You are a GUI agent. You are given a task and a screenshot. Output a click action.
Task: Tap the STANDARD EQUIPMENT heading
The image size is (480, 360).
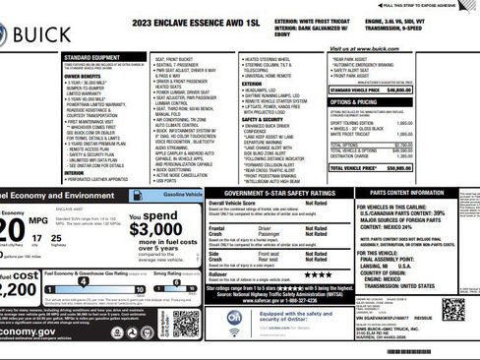pos(94,57)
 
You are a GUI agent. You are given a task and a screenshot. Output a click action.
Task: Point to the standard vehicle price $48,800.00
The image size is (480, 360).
pos(425,90)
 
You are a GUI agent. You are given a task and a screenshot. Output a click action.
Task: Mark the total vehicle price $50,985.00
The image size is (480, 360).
pos(425,168)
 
